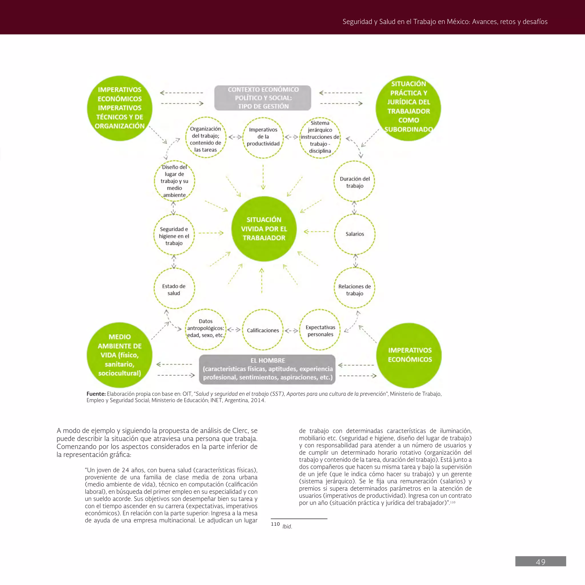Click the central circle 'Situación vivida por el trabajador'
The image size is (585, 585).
click(264, 229)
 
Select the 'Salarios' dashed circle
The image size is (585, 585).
click(354, 234)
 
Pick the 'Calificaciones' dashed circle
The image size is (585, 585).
click(263, 330)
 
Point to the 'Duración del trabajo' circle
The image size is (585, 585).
click(354, 182)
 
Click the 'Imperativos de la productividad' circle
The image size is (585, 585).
click(263, 137)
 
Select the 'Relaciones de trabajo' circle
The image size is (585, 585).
click(354, 289)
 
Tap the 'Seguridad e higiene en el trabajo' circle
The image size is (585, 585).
click(174, 236)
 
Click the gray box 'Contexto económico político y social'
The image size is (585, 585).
click(263, 98)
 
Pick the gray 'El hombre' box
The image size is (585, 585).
click(267, 369)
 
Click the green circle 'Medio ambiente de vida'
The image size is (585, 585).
click(120, 355)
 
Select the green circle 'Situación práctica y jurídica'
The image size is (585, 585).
click(408, 108)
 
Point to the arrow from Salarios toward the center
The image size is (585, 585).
click(316, 232)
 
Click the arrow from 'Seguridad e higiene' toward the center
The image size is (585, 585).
click(211, 233)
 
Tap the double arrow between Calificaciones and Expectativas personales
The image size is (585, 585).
click(291, 330)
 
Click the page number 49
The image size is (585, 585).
click(540, 562)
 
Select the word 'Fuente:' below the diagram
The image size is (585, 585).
click(96, 394)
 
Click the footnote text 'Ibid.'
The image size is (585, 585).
click(287, 526)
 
